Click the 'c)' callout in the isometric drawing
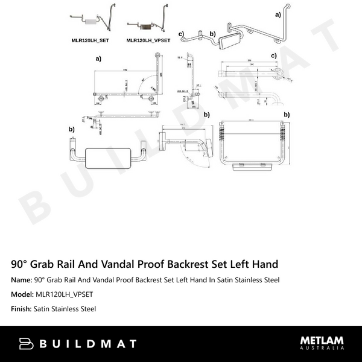tap(181, 34)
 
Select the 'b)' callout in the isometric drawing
tap(212, 34)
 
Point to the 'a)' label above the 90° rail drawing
tap(98, 59)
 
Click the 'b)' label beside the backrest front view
tap(72, 129)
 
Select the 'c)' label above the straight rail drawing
tap(273, 56)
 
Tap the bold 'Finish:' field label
tap(22, 309)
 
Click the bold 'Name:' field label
tap(22, 280)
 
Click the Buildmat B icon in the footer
tap(26, 344)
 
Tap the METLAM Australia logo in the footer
tap(322, 343)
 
